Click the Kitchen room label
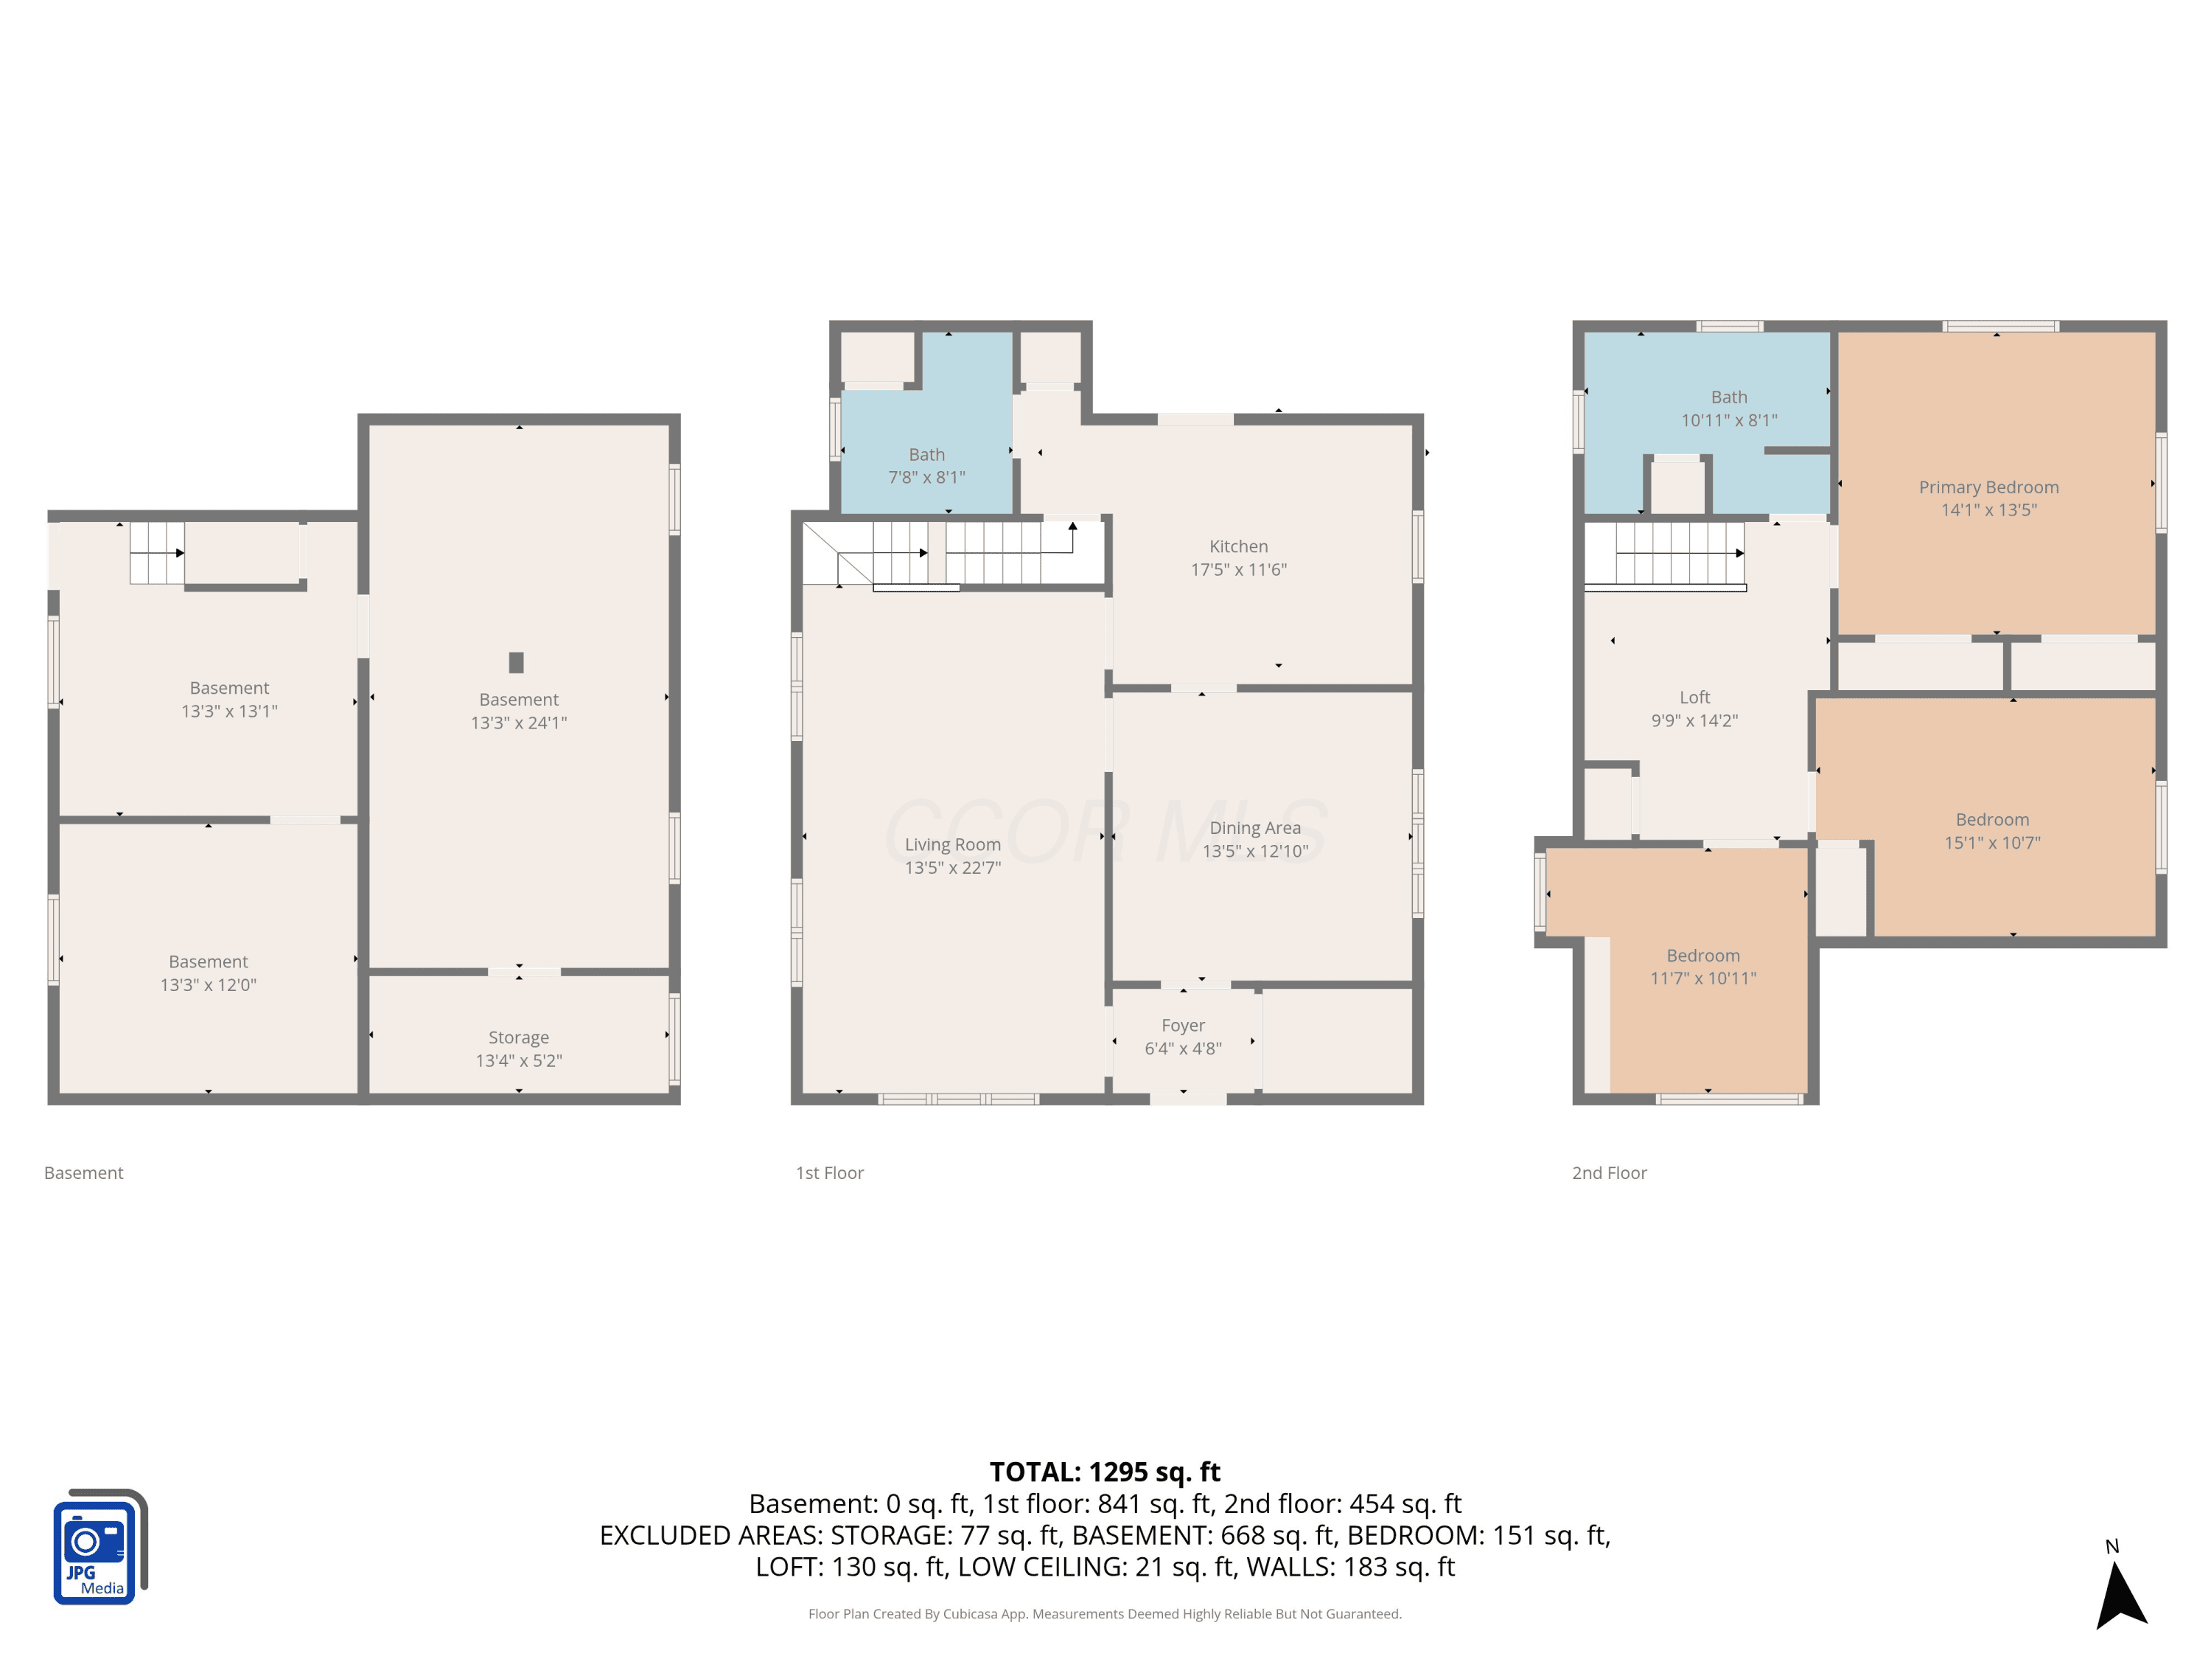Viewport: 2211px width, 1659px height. (1238, 546)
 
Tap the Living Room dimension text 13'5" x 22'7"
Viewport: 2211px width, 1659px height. (952, 868)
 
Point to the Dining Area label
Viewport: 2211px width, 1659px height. (1255, 828)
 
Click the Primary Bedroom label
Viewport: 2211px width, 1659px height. (1989, 487)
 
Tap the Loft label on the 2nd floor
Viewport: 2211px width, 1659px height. (1694, 697)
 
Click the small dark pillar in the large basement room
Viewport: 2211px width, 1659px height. (516, 662)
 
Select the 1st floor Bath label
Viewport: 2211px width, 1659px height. (926, 454)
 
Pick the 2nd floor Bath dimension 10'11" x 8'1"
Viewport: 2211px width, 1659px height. (1729, 421)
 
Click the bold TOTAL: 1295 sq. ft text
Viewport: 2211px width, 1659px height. (1105, 1472)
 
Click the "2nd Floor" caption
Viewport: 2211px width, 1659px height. (1610, 1173)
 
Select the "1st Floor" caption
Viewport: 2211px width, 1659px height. (830, 1173)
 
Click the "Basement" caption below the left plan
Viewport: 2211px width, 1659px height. (84, 1173)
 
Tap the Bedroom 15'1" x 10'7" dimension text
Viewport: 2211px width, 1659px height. (1992, 843)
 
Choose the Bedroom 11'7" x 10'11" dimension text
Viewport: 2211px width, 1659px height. (1703, 978)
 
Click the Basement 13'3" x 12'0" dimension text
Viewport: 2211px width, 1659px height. (208, 985)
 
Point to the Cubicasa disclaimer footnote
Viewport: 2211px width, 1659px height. (1105, 1614)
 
